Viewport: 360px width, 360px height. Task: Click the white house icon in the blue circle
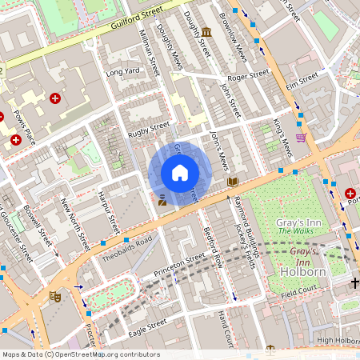coord(180,173)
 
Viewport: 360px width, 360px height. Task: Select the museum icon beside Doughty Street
coord(207,33)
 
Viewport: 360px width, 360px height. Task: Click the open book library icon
coord(232,182)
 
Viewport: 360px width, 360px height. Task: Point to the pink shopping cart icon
coord(301,138)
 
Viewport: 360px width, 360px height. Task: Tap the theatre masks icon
coord(55,295)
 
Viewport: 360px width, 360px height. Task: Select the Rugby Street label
coord(150,126)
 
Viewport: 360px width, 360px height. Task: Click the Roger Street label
coord(248,76)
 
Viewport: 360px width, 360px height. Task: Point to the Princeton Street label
coord(185,265)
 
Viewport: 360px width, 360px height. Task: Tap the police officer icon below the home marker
coord(162,200)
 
